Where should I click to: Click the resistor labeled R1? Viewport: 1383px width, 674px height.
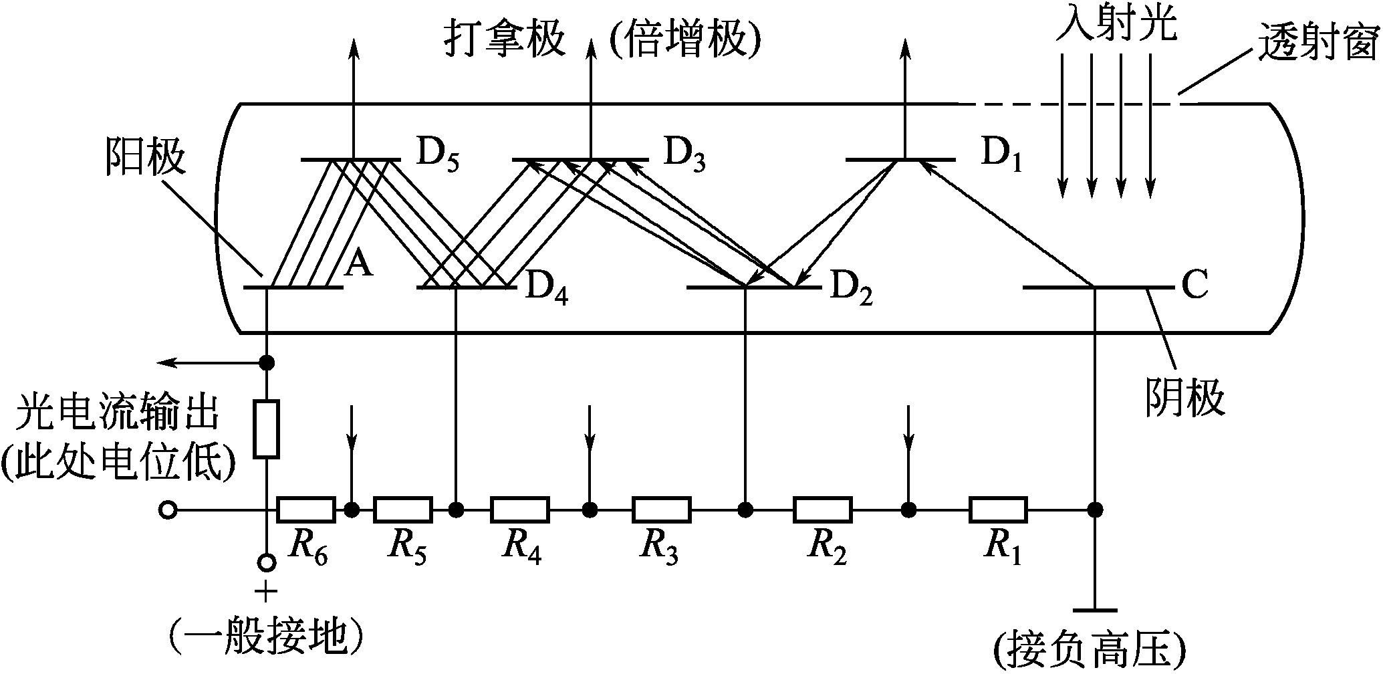[999, 510]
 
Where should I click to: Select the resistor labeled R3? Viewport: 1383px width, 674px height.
[662, 510]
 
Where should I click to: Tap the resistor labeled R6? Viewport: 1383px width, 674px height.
[306, 510]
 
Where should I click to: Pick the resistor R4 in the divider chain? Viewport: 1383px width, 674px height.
[520, 510]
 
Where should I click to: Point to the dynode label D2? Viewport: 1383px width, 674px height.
[852, 289]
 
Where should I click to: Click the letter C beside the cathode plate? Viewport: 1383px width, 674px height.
[1195, 286]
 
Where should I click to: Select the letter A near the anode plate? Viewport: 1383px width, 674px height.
[359, 267]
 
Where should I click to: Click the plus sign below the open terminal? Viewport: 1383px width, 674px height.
[267, 591]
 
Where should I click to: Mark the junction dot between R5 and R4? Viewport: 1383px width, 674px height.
[456, 510]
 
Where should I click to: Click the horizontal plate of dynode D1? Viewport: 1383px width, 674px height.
[900, 160]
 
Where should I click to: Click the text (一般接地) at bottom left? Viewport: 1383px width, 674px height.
[267, 636]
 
